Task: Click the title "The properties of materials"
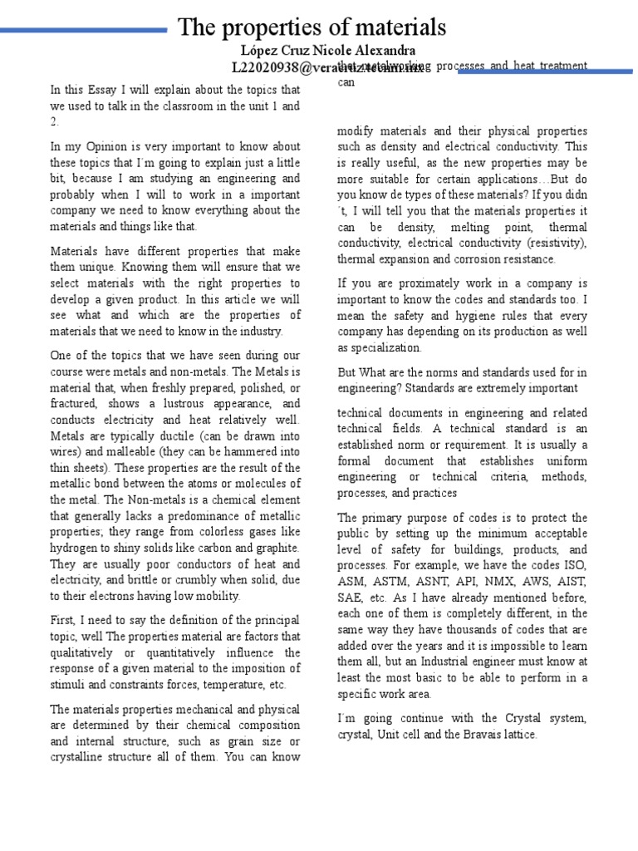pos(312,27)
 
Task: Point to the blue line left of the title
pos(83,31)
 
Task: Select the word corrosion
pos(484,258)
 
